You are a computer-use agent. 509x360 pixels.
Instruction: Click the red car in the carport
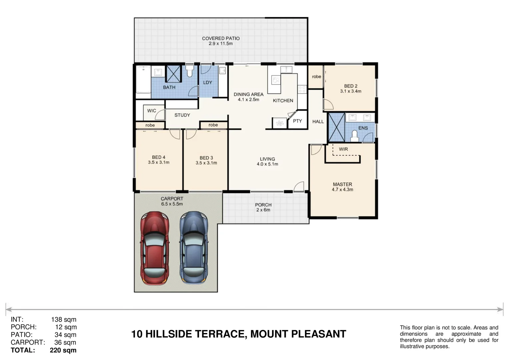(154, 248)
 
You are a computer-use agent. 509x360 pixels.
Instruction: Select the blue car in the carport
(194, 248)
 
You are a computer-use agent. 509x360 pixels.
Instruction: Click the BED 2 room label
(351, 86)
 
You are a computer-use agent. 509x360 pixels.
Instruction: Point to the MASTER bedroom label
(342, 184)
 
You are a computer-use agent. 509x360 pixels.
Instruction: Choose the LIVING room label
(267, 159)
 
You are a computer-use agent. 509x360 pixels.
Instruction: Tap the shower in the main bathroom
(173, 74)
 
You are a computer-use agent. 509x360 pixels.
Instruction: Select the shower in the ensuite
(336, 127)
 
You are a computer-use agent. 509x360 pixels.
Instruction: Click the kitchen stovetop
(302, 89)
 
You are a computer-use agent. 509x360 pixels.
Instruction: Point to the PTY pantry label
(297, 121)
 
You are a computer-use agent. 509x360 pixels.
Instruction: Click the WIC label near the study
(151, 111)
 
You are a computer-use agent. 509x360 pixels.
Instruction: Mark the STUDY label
(182, 115)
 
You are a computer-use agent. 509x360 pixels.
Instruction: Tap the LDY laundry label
(208, 82)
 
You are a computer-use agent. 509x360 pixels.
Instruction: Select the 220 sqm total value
(63, 350)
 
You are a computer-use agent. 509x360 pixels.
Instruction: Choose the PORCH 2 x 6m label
(263, 207)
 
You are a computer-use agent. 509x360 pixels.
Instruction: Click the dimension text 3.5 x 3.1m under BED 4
(159, 163)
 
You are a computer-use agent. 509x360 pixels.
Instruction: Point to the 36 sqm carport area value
(65, 342)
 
